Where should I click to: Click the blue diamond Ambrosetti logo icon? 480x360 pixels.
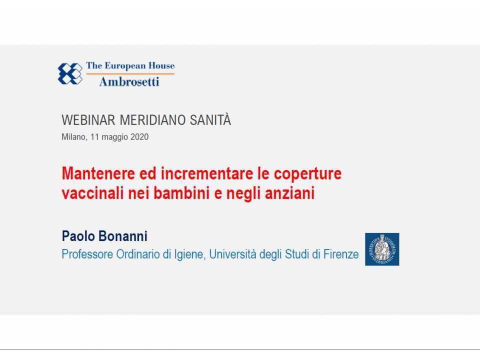pyautogui.click(x=70, y=73)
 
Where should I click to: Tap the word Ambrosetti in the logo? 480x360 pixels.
pyautogui.click(x=129, y=81)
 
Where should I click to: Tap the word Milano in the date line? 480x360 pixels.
pyautogui.click(x=74, y=136)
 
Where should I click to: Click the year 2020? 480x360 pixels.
pyautogui.click(x=139, y=136)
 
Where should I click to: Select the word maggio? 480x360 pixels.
pyautogui.click(x=115, y=137)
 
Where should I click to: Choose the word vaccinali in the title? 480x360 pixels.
pyautogui.click(x=92, y=193)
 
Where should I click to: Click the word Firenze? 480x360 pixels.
pyautogui.click(x=342, y=254)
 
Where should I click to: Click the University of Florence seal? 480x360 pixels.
pyautogui.click(x=382, y=249)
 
